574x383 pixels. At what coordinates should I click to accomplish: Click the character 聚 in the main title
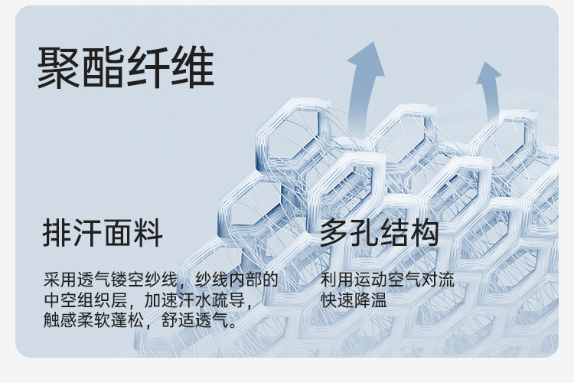pos(60,68)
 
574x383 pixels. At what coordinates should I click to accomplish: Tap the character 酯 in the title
pos(104,68)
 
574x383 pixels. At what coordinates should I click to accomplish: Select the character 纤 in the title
pos(148,68)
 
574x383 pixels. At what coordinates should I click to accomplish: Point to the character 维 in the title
pos(192,68)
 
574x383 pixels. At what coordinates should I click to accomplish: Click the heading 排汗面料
pos(103,232)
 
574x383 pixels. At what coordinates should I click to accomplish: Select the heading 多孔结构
pos(380,232)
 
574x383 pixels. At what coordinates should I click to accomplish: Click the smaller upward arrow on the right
pos(488,88)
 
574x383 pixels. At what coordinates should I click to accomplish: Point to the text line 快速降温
pos(354,300)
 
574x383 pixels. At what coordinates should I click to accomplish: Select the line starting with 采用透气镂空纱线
pos(161,280)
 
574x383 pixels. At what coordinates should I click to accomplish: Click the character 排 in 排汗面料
pos(57,232)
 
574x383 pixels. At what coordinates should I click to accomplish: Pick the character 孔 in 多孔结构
pos(364,232)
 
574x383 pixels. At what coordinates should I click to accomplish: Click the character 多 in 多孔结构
pos(334,232)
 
